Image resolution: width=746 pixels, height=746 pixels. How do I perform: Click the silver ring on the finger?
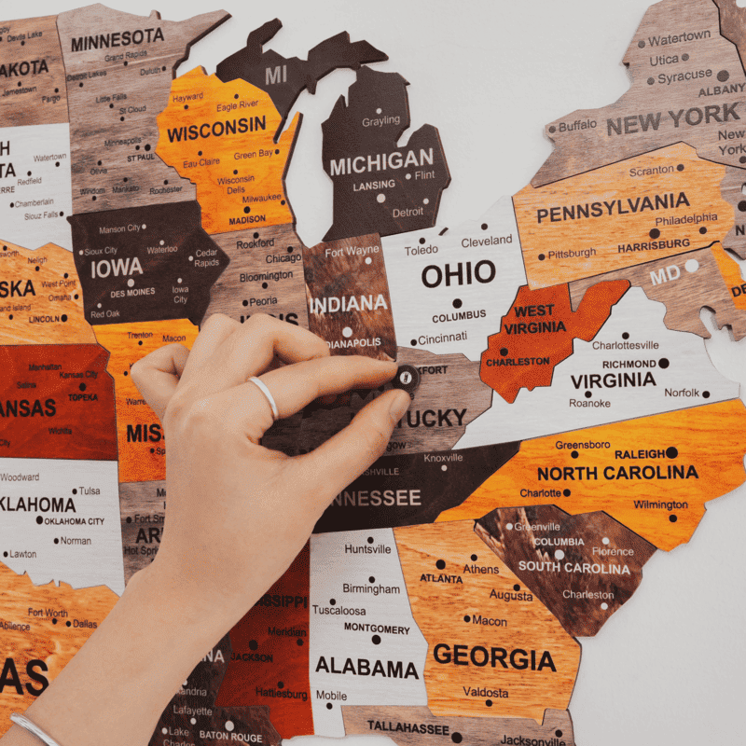tap(265, 396)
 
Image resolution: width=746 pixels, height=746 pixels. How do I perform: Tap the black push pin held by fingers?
tap(407, 378)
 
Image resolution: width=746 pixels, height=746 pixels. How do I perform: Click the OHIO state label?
tap(458, 274)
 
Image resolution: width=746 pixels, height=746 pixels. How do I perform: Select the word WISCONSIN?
tap(216, 130)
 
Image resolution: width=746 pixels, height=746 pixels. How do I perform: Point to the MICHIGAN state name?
tap(381, 161)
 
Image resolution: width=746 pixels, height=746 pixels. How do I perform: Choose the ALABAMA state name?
tap(366, 668)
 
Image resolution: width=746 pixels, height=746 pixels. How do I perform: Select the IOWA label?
tap(116, 268)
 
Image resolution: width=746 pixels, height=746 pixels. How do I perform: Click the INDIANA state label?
tap(348, 303)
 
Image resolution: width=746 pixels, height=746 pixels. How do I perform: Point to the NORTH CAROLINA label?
tap(617, 473)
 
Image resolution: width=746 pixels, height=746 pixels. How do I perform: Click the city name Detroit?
tap(408, 212)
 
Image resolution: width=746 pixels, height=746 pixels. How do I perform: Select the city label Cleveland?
tap(486, 241)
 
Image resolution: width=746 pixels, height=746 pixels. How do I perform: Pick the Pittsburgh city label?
tap(572, 253)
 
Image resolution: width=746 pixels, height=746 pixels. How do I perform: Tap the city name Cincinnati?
tap(442, 338)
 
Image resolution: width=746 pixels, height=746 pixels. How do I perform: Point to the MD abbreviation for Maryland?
tap(665, 276)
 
